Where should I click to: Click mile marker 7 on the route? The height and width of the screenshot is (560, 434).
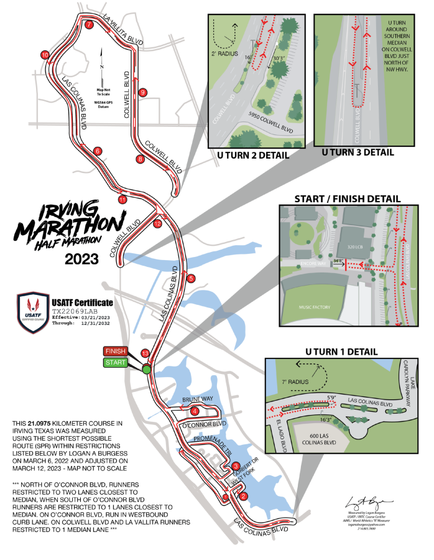(x=90, y=25)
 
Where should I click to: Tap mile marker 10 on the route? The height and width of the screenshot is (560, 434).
(x=45, y=55)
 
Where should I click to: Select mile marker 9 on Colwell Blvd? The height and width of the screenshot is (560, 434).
(x=142, y=92)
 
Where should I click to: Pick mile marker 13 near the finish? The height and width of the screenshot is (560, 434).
(x=145, y=352)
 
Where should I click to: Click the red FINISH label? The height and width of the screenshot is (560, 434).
(x=115, y=351)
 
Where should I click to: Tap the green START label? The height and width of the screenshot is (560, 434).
(x=115, y=362)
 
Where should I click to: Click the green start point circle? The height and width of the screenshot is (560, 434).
(x=147, y=370)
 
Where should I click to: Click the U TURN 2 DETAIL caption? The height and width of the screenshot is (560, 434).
(x=248, y=155)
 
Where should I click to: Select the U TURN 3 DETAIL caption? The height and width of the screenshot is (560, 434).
(x=358, y=152)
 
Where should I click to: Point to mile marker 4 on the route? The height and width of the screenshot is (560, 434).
(x=195, y=411)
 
